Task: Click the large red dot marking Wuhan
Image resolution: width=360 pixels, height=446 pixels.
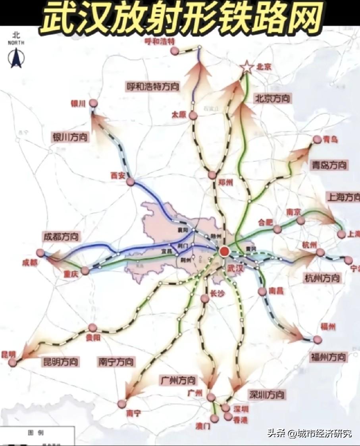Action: (224, 251)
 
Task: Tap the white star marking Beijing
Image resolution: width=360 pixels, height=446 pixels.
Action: (247, 67)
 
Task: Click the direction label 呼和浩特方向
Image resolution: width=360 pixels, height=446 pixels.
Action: (153, 86)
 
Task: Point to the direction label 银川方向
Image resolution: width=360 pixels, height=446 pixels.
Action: (70, 137)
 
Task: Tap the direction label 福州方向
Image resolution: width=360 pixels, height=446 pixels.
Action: (328, 356)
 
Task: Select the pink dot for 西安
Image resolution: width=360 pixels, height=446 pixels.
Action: (131, 182)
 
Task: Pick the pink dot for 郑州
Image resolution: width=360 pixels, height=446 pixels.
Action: (212, 175)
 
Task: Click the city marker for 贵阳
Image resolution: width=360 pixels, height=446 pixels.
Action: (92, 328)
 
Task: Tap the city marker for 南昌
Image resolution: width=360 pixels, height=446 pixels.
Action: (262, 292)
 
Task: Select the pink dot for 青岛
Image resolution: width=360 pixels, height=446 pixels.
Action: (317, 139)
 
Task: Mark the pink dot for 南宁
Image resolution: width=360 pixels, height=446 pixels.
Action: (122, 404)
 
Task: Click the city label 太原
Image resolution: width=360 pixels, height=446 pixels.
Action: (179, 114)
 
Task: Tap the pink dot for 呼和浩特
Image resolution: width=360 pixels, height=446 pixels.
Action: (174, 50)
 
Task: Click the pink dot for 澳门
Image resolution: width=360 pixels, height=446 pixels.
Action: (215, 418)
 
